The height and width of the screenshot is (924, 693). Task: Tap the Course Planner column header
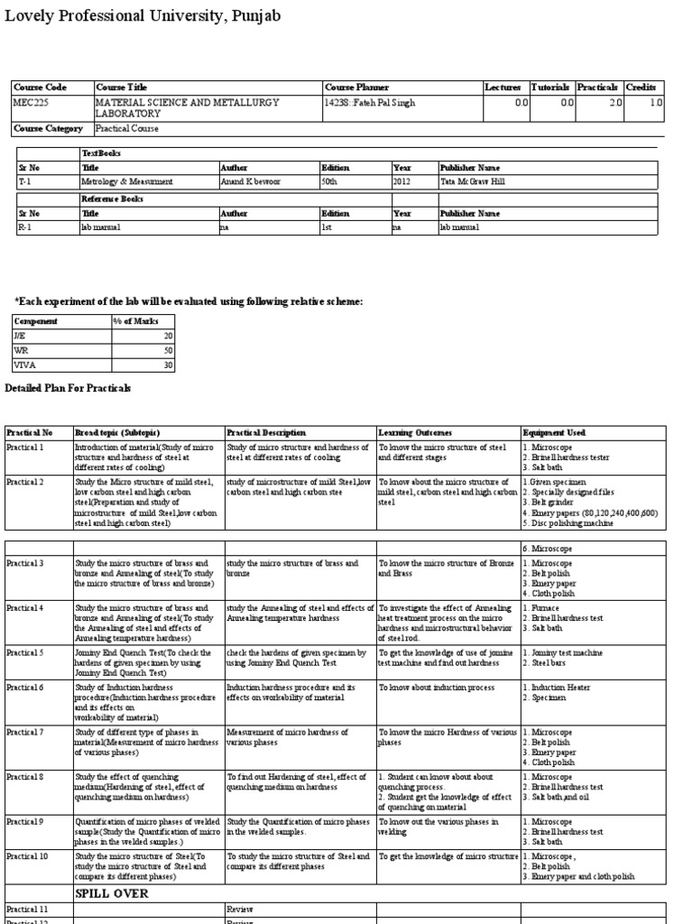[x=356, y=88]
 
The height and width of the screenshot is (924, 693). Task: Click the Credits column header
[x=641, y=88]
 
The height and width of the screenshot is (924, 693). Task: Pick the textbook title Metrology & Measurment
[x=127, y=181]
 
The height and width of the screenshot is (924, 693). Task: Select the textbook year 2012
[x=402, y=181]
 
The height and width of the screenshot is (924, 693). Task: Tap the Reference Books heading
[x=113, y=199]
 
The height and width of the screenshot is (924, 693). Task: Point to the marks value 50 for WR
[x=167, y=350]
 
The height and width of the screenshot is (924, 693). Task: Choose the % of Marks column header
[x=134, y=321]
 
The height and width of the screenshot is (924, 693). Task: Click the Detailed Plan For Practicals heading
[x=69, y=388]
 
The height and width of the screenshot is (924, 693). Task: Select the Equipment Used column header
[x=554, y=433]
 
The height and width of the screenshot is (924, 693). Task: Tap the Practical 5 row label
[x=25, y=652]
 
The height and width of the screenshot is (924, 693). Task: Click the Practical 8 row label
[x=25, y=776]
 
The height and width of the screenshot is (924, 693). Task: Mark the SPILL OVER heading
[x=112, y=893]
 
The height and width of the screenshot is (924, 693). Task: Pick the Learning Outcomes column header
[x=415, y=433]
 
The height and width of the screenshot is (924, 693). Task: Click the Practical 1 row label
[x=25, y=447]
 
